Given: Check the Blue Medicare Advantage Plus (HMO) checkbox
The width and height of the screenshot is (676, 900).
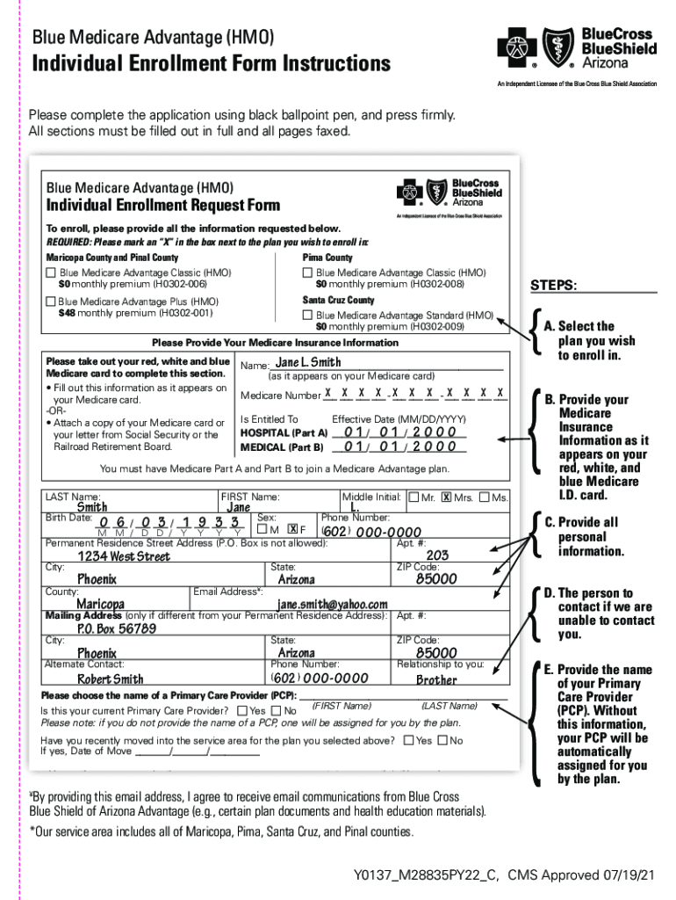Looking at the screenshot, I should pos(51,301).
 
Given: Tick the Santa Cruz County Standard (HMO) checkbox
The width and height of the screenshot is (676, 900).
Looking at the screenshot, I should pos(307,315).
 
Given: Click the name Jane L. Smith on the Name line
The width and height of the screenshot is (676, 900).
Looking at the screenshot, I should pos(308,362).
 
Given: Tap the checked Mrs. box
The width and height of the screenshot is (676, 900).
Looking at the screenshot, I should pos(446,497).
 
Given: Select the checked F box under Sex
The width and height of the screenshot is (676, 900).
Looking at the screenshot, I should pos(292,529).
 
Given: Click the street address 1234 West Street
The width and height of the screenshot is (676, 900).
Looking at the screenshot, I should pos(124,556).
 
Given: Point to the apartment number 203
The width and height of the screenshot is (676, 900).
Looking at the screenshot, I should pos(437,555).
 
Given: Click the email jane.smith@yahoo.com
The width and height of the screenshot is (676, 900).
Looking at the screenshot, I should pos(333,605).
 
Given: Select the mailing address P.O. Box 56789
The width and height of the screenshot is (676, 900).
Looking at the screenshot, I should pos(117,629).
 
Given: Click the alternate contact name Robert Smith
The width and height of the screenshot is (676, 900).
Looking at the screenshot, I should pos(111,679).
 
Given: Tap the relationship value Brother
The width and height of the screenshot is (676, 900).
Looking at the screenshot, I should pos(436,679).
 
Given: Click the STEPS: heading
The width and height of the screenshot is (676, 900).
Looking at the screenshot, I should pos(553,286).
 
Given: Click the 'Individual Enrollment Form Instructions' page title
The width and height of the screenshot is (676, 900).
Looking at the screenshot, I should pos(211,64).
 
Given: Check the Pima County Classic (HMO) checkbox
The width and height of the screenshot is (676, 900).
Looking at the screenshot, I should pos(307,273).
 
